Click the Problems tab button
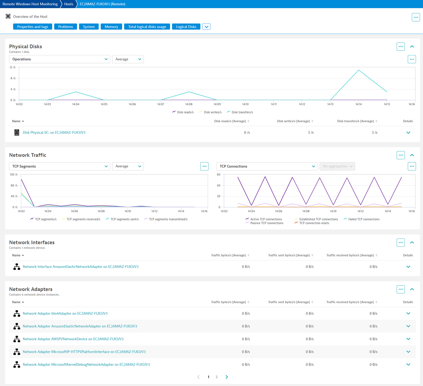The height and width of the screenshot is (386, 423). [66, 27]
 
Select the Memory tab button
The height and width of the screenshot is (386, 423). [111, 27]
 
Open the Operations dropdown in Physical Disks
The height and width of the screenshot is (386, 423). [59, 59]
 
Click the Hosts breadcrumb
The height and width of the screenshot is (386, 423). [69, 4]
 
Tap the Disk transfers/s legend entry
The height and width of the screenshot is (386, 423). [240, 112]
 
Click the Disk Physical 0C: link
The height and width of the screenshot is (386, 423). [54, 132]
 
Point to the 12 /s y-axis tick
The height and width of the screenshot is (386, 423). [12, 67]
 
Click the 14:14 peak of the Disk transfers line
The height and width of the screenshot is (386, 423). [358, 70]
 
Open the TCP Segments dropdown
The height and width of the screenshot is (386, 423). [59, 166]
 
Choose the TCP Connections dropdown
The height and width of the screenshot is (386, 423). [267, 166]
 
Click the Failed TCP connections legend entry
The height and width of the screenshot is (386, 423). [361, 219]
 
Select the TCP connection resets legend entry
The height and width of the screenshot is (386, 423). [312, 223]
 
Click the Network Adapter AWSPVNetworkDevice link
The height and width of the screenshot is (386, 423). [73, 339]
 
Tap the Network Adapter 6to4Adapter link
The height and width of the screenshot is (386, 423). [65, 313]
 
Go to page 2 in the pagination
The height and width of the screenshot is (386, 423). [217, 377]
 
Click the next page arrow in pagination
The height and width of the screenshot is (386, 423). [227, 377]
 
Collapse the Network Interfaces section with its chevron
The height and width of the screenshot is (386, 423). [412, 242]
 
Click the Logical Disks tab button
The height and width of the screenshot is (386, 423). [186, 27]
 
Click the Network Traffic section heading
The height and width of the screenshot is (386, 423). [28, 155]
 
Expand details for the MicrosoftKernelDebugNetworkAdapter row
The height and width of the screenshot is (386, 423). [408, 365]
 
